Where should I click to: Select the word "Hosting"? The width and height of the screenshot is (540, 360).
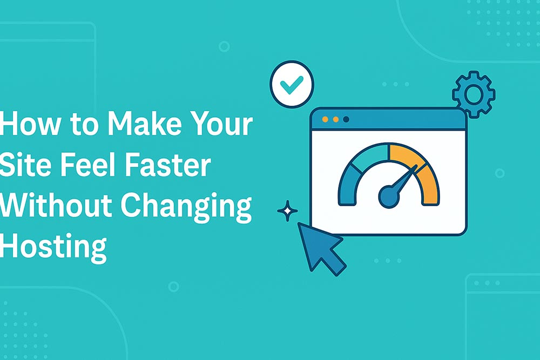[53, 248]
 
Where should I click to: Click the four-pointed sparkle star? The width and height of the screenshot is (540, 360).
[288, 210]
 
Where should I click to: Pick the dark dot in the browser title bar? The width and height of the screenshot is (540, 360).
[346, 119]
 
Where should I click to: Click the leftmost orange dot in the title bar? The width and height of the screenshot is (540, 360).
[325, 119]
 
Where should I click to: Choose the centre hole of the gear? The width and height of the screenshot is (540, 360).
[474, 94]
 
